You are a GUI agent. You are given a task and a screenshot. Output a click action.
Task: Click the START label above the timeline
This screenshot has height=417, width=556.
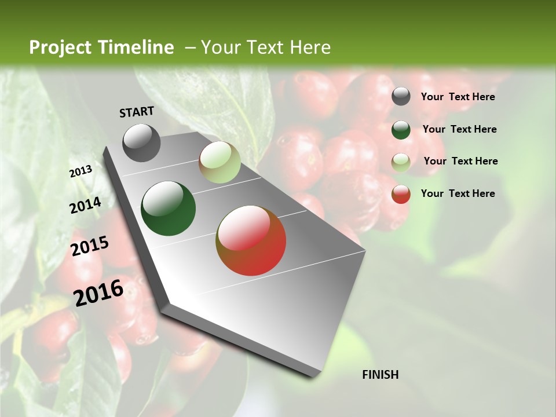coord(137,112)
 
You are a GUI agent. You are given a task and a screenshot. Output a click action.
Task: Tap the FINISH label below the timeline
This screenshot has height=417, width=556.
coord(381,375)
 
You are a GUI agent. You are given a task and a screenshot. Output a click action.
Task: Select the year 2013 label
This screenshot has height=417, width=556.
coord(81,171)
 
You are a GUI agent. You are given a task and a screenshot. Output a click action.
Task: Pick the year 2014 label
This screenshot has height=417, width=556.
coord(86,206)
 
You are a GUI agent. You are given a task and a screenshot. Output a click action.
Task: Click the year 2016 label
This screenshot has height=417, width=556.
coord(98,293)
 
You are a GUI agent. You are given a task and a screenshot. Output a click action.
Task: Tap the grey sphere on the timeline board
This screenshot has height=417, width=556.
coord(142,142)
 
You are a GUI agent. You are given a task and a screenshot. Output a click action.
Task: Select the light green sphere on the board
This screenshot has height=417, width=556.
coord(220,163)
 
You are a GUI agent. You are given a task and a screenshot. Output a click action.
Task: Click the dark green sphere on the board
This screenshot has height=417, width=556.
coord(169,209)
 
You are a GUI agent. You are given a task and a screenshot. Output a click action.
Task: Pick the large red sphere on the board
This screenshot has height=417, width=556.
coord(251,240)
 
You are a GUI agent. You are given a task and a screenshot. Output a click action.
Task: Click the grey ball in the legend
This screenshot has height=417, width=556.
coord(401,97)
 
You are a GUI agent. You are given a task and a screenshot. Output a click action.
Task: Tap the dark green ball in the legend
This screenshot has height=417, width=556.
coord(401,130)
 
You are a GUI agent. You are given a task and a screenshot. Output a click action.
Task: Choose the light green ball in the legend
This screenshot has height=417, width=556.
coord(401,162)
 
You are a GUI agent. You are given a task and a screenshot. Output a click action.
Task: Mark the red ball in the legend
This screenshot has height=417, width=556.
coord(401,194)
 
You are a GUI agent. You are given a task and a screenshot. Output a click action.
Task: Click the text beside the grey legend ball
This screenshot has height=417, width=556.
coord(458,97)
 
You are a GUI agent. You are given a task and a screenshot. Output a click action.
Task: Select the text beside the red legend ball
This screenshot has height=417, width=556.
coord(458,193)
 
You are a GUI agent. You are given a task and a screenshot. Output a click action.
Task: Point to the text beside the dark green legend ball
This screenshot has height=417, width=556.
coord(459,129)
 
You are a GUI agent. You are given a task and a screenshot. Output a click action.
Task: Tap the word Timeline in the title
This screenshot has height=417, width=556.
coord(137,47)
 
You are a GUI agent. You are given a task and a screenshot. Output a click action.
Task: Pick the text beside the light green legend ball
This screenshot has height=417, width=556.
coord(460,161)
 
